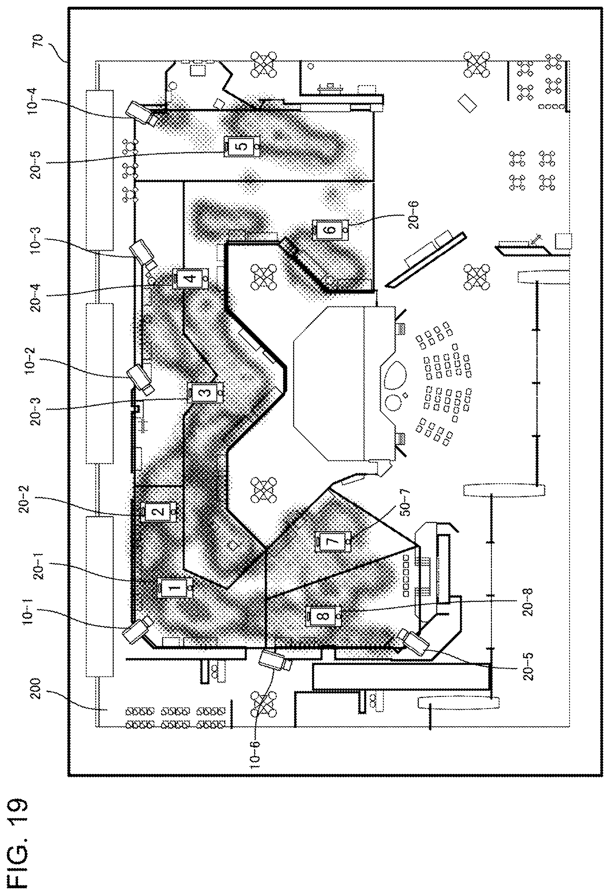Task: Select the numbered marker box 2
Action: tap(159, 512)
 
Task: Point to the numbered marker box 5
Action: tap(242, 146)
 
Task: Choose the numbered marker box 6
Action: tap(331, 230)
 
